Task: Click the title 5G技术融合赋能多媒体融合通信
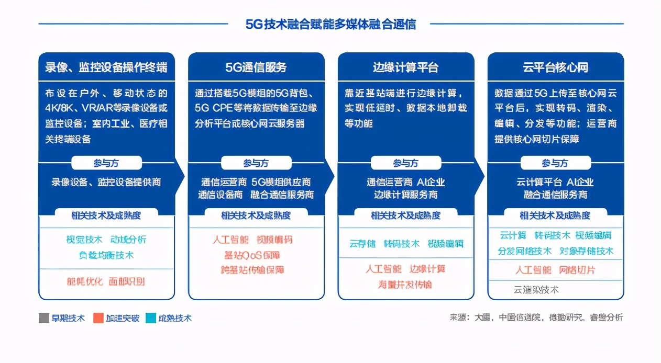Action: tap(330, 24)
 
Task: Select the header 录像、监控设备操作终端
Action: tap(106, 67)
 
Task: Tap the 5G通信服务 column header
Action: tap(256, 67)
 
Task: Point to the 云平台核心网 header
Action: tap(555, 67)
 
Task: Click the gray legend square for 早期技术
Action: tap(44, 318)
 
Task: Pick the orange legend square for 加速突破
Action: tap(98, 318)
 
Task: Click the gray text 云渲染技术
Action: tap(536, 289)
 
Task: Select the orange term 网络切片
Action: tap(577, 270)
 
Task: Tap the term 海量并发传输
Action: tap(405, 285)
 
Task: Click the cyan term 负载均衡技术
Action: tap(106, 255)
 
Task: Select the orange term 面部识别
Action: tap(127, 281)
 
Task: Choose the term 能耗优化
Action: tap(84, 281)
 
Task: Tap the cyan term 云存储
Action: tap(362, 244)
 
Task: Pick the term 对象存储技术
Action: tap(586, 251)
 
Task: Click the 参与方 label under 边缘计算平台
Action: tap(405, 163)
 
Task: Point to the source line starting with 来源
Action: tap(536, 317)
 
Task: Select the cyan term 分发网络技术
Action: tap(524, 251)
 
